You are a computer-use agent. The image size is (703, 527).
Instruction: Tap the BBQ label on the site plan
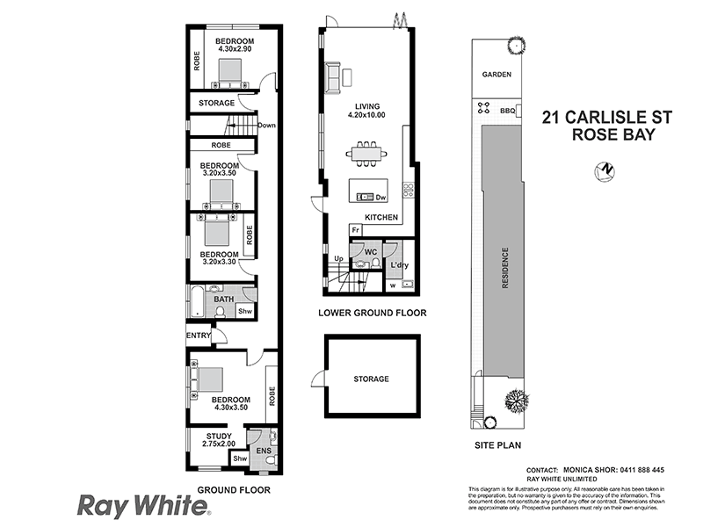pyautogui.click(x=506, y=111)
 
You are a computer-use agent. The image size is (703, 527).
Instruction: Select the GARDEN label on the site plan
pyautogui.click(x=496, y=75)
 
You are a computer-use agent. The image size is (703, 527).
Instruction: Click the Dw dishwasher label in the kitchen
pyautogui.click(x=381, y=198)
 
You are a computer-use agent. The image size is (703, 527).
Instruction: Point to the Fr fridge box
pyautogui.click(x=355, y=230)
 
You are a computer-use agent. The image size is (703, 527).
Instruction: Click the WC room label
pyautogui.click(x=370, y=251)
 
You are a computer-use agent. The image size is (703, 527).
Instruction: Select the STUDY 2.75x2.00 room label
pyautogui.click(x=219, y=440)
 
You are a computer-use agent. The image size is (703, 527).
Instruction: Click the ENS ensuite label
pyautogui.click(x=264, y=451)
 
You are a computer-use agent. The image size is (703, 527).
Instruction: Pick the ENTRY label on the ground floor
pyautogui.click(x=199, y=335)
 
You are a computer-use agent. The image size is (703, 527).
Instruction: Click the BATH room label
pyautogui.click(x=223, y=300)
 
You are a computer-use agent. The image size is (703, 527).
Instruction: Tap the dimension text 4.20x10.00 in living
pyautogui.click(x=367, y=115)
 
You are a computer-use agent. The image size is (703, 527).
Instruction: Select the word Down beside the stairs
pyautogui.click(x=267, y=126)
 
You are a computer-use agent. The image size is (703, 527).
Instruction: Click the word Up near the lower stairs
pyautogui.click(x=338, y=258)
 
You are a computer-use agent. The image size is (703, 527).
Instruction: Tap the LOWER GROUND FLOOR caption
pyautogui.click(x=373, y=313)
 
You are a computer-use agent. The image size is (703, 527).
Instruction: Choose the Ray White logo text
pyautogui.click(x=143, y=506)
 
